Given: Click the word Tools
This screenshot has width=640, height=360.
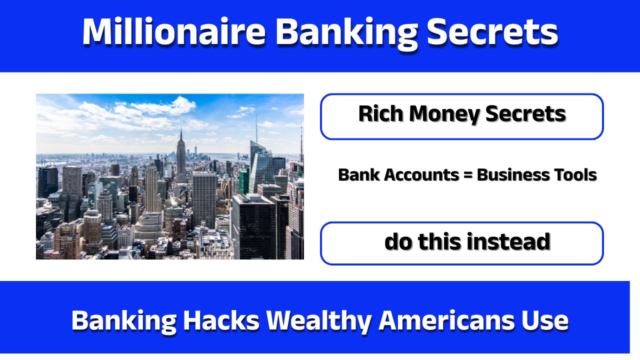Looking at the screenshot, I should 574,175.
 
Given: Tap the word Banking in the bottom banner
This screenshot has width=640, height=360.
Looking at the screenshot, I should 123,320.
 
